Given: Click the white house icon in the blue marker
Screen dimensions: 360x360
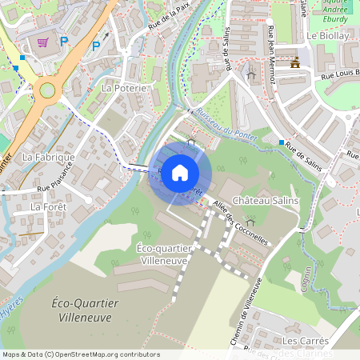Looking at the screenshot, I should point(180,173).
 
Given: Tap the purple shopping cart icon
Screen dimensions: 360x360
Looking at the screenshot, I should point(43,42).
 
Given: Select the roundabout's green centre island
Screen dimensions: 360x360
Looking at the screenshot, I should point(47,90).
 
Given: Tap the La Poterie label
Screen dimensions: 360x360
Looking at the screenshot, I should point(124,87).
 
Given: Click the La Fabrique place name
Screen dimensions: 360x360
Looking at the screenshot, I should point(48,158).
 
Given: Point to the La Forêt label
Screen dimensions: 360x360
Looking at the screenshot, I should point(48,206).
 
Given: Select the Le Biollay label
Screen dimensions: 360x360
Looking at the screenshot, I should point(328,36).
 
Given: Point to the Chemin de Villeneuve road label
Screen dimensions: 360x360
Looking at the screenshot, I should point(247,312).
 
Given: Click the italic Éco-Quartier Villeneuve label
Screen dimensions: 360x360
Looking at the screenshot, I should point(84,310).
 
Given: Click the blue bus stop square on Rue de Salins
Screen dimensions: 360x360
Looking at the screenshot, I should point(282,142).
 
